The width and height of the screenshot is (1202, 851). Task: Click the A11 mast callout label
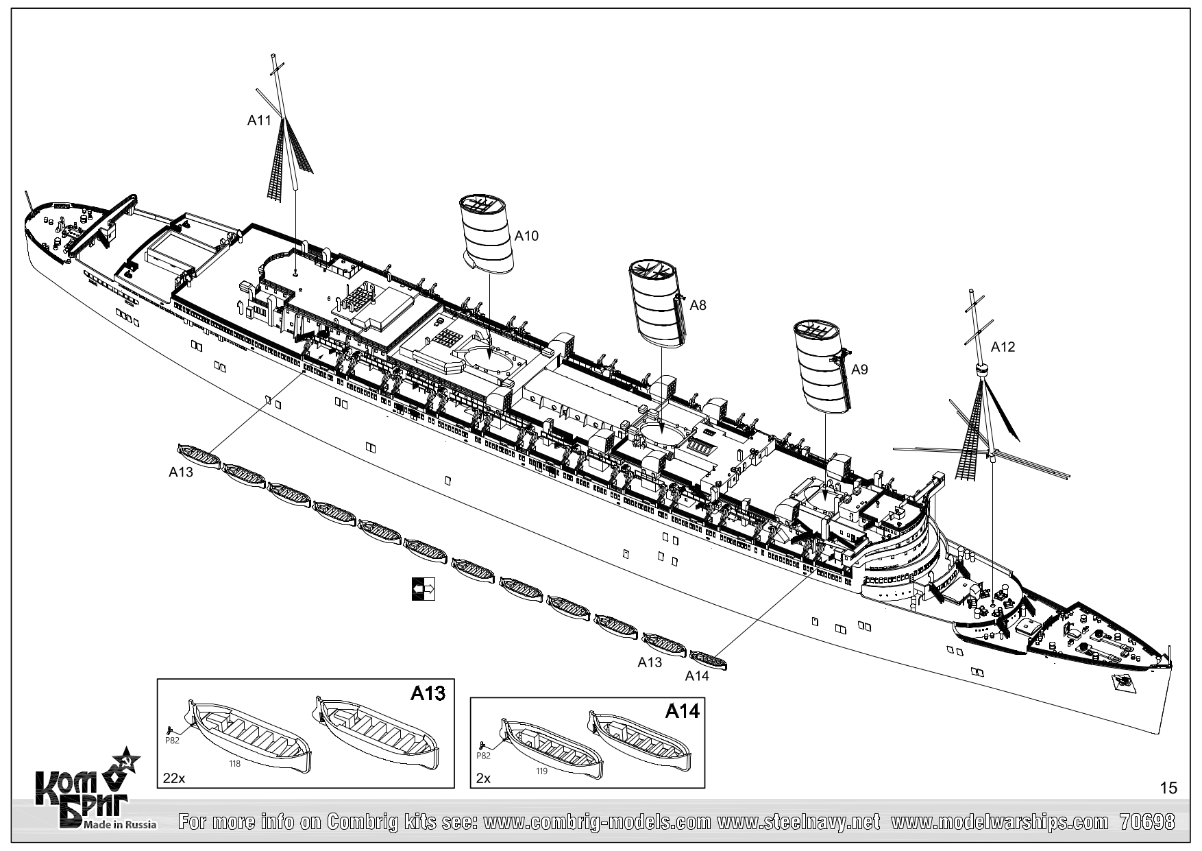[259, 121]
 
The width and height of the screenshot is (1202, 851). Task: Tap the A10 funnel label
[526, 236]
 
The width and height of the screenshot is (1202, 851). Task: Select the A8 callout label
[698, 306]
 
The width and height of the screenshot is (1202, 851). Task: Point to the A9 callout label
[859, 370]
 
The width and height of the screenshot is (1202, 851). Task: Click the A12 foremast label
[1003, 347]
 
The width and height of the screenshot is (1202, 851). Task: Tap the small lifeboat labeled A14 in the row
[709, 660]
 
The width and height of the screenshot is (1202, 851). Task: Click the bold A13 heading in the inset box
[428, 693]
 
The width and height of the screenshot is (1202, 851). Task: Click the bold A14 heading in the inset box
[682, 712]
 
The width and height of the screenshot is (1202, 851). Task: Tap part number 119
[542, 771]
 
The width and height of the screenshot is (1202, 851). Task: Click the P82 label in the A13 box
[172, 741]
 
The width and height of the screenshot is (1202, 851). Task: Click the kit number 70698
[1147, 822]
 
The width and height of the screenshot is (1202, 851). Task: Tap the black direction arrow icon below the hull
[423, 589]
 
